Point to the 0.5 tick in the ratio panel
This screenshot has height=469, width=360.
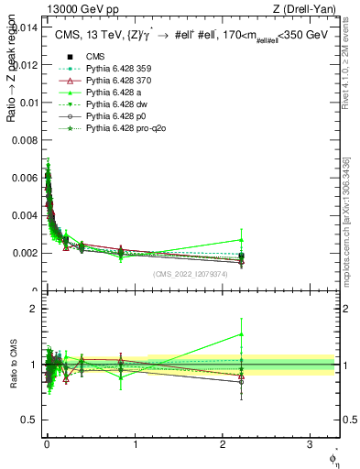[32, 420]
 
